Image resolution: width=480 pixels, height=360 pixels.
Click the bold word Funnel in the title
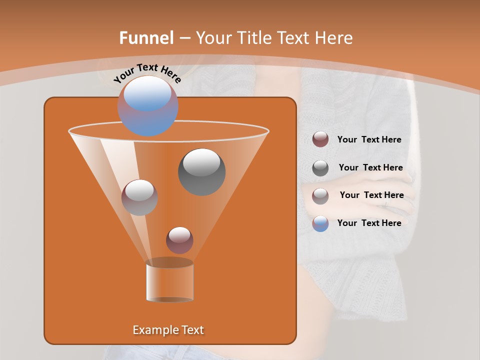coord(146,38)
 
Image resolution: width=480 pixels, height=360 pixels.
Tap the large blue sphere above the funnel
coord(147,105)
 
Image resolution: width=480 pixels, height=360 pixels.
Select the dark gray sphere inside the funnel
coord(201,171)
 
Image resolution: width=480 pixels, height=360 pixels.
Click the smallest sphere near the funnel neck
coord(179,240)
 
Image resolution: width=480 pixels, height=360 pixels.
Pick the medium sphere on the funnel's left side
coord(139,197)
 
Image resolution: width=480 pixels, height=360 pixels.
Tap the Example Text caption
coord(168,330)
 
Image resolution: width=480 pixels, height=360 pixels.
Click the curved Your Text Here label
coord(147,72)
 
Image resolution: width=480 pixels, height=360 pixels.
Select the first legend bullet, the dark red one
coord(320,139)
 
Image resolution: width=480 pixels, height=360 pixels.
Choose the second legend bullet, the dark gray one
coord(320,167)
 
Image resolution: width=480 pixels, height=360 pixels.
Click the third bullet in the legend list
coord(320,195)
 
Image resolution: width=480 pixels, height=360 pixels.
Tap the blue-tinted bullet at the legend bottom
coord(320,223)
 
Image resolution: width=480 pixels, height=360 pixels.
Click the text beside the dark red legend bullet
coord(369,140)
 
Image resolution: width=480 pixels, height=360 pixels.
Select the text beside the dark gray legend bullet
coord(370,167)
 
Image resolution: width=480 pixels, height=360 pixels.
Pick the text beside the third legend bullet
coord(371,195)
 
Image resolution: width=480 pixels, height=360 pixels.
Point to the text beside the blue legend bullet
coord(369,223)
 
